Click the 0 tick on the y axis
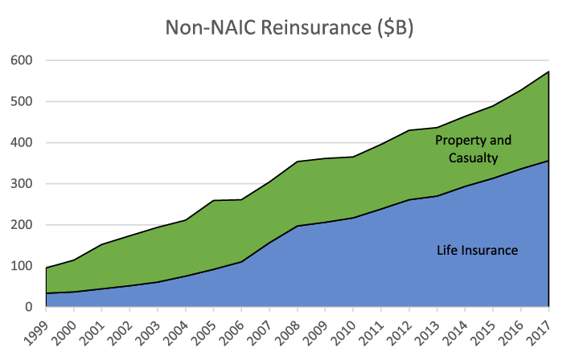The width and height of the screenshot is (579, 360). [27, 307]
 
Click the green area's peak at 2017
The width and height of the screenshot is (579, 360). [548, 72]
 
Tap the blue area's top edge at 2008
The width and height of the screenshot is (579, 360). [298, 226]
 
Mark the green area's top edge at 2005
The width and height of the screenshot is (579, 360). [214, 200]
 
